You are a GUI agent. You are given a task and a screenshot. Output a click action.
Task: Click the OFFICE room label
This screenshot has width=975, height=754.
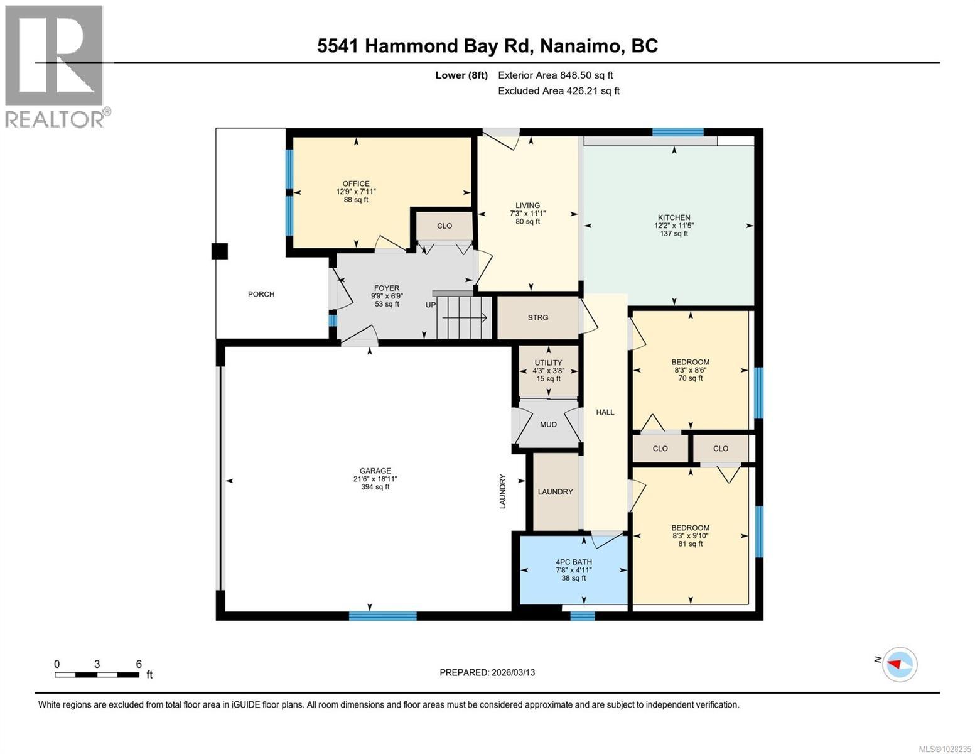tap(355, 183)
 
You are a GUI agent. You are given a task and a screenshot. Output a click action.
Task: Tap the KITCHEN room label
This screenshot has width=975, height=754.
tap(674, 217)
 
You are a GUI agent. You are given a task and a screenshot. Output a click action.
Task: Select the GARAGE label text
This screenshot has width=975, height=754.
tap(375, 471)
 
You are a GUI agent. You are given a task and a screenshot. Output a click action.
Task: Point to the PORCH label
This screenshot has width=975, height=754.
tap(261, 294)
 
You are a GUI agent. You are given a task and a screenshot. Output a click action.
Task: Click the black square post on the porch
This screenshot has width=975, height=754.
tap(219, 251)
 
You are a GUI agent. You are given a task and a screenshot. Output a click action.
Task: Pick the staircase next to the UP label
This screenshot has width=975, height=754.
tap(463, 318)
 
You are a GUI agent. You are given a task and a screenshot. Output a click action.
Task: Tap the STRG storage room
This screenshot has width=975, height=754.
tap(537, 317)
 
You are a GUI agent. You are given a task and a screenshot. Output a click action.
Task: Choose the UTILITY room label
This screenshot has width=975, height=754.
tap(547, 363)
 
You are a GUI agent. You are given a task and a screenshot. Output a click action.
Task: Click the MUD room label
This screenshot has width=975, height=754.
tap(548, 425)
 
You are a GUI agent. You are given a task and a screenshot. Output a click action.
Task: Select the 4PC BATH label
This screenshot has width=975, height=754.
tap(573, 562)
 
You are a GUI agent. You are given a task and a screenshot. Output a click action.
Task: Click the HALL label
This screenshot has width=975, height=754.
tap(605, 412)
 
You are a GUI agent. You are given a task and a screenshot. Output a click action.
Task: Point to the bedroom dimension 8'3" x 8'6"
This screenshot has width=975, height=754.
tap(690, 370)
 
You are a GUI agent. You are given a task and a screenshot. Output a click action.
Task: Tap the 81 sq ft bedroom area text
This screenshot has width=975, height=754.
tap(690, 544)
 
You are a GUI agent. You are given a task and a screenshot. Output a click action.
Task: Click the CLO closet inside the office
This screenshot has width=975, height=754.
tap(444, 226)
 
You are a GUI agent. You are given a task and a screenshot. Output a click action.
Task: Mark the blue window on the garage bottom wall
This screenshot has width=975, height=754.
tap(382, 616)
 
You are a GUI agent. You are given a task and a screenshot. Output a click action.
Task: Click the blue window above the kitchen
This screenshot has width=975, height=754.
tap(677, 132)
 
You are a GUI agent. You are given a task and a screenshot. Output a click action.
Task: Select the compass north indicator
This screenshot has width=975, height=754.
tap(899, 664)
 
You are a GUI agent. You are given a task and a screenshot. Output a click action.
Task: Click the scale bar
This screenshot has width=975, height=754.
tap(97, 675)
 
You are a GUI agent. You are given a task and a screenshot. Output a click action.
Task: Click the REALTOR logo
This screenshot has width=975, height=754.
tap(55, 66)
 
